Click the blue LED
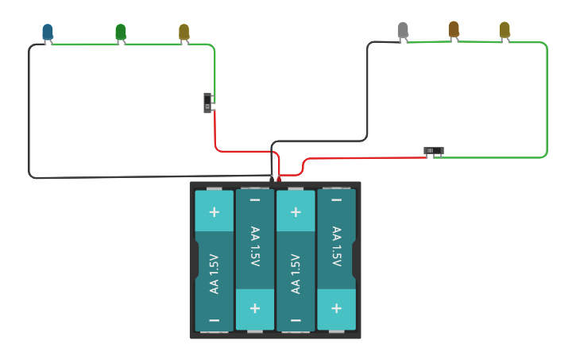(48, 32)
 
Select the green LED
(120, 32)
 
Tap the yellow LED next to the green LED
(184, 32)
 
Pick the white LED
(403, 30)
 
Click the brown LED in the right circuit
(454, 29)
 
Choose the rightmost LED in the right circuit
(504, 30)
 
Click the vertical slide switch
(208, 103)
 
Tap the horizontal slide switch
(433, 150)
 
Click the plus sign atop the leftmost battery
(214, 212)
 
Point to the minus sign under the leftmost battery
(214, 319)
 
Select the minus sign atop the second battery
(255, 200)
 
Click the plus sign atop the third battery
(296, 212)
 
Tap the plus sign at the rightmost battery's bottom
(337, 308)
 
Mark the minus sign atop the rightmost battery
(337, 200)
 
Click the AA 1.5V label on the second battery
(255, 246)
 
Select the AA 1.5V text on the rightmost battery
(337, 246)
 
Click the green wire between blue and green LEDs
(83, 45)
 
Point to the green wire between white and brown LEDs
(429, 42)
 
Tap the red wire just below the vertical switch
(215, 131)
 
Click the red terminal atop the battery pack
(279, 179)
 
